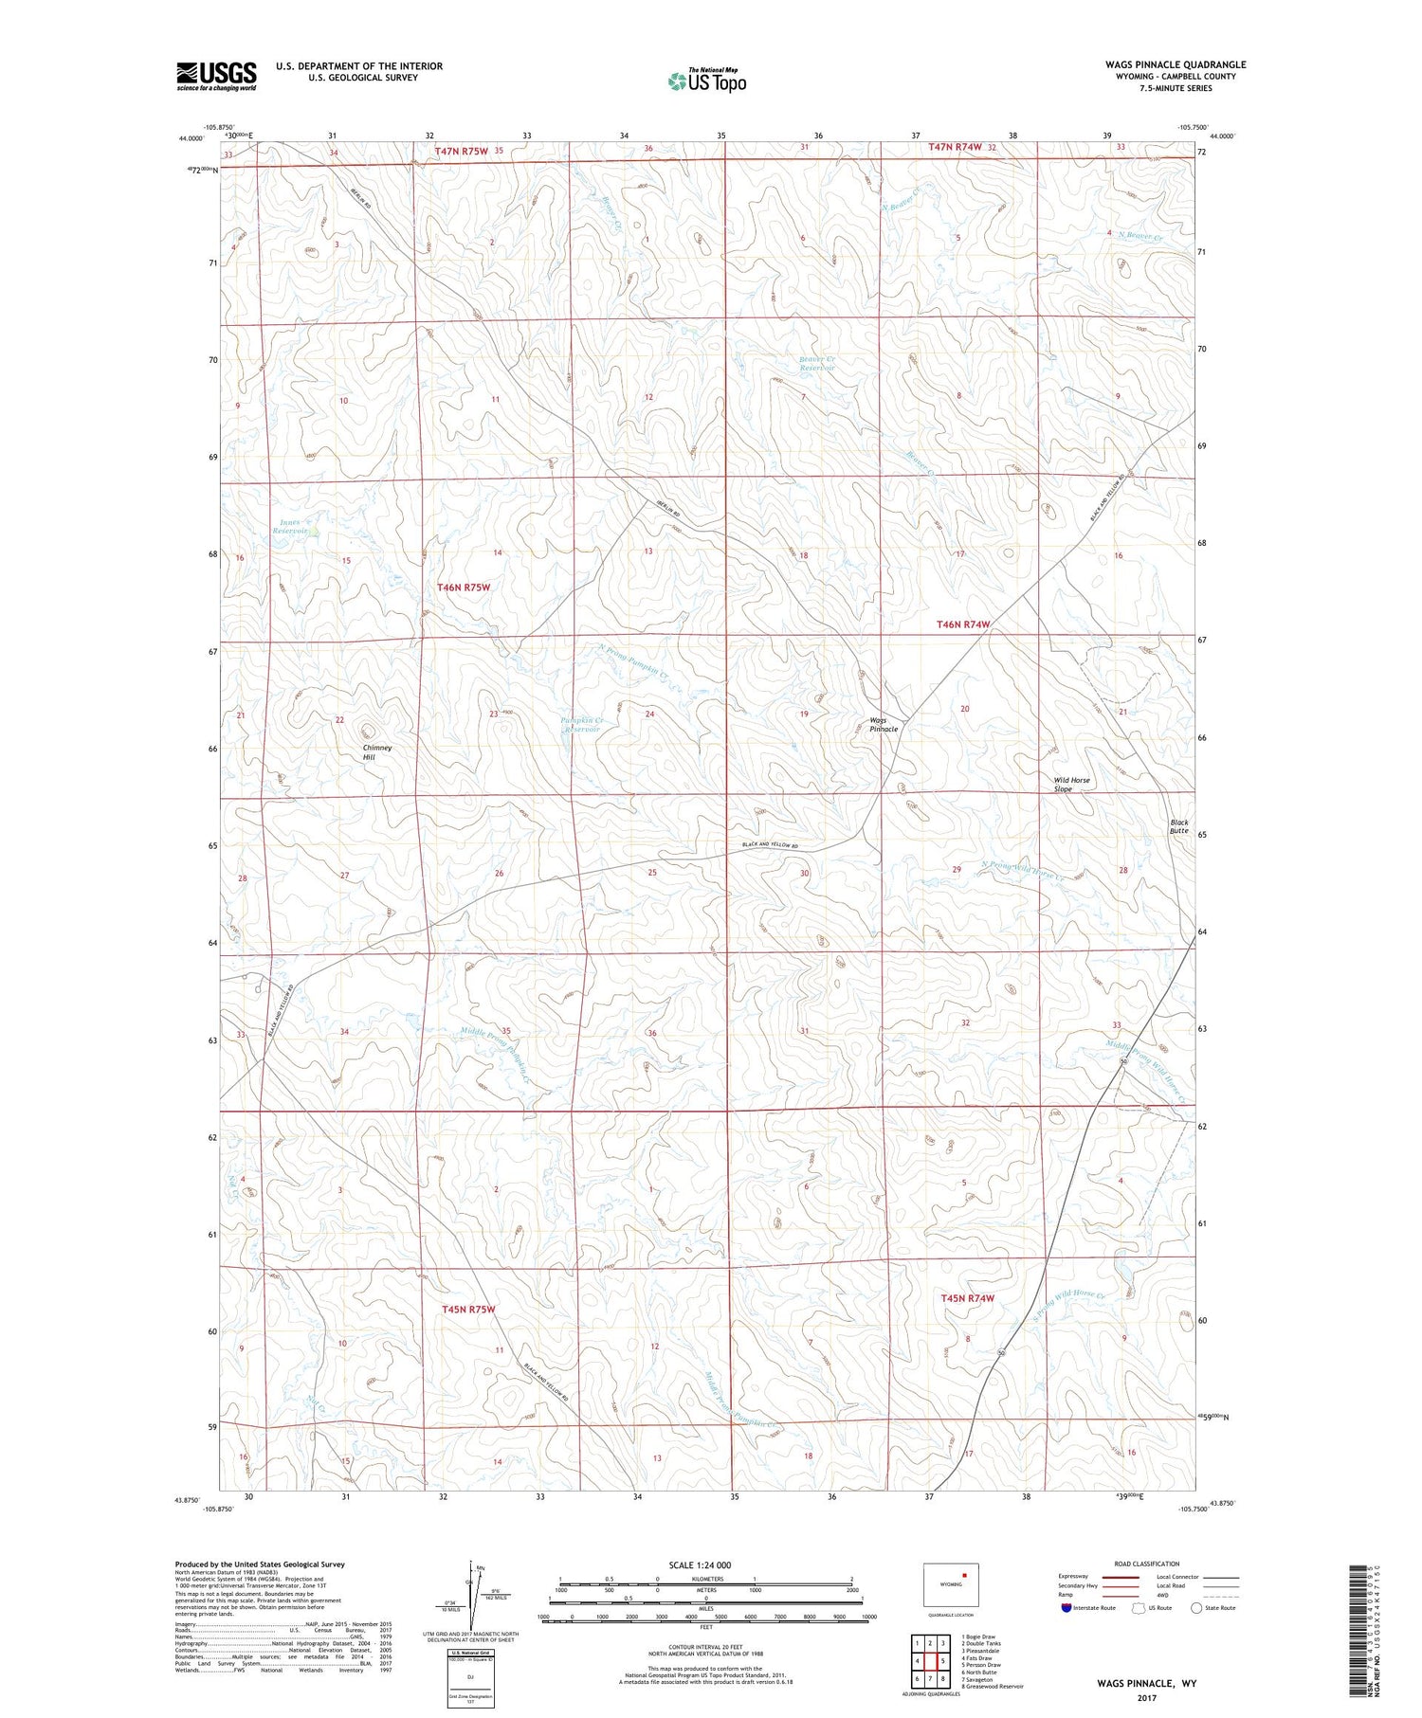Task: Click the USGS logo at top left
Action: click(216, 76)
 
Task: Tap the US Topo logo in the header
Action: click(707, 81)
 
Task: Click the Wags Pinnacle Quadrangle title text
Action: click(1175, 64)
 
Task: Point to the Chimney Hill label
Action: click(377, 752)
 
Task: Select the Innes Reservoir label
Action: click(291, 527)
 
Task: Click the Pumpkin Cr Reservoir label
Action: click(582, 725)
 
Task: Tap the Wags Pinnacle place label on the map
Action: click(884, 725)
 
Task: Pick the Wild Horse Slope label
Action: click(1072, 785)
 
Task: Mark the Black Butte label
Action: click(1178, 826)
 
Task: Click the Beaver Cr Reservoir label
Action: click(816, 364)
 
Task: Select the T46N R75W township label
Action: click(464, 588)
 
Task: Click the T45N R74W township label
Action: click(967, 1298)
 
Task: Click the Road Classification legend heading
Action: click(1147, 1564)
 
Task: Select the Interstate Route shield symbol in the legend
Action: click(1066, 1608)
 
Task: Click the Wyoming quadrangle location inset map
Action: click(951, 1583)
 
